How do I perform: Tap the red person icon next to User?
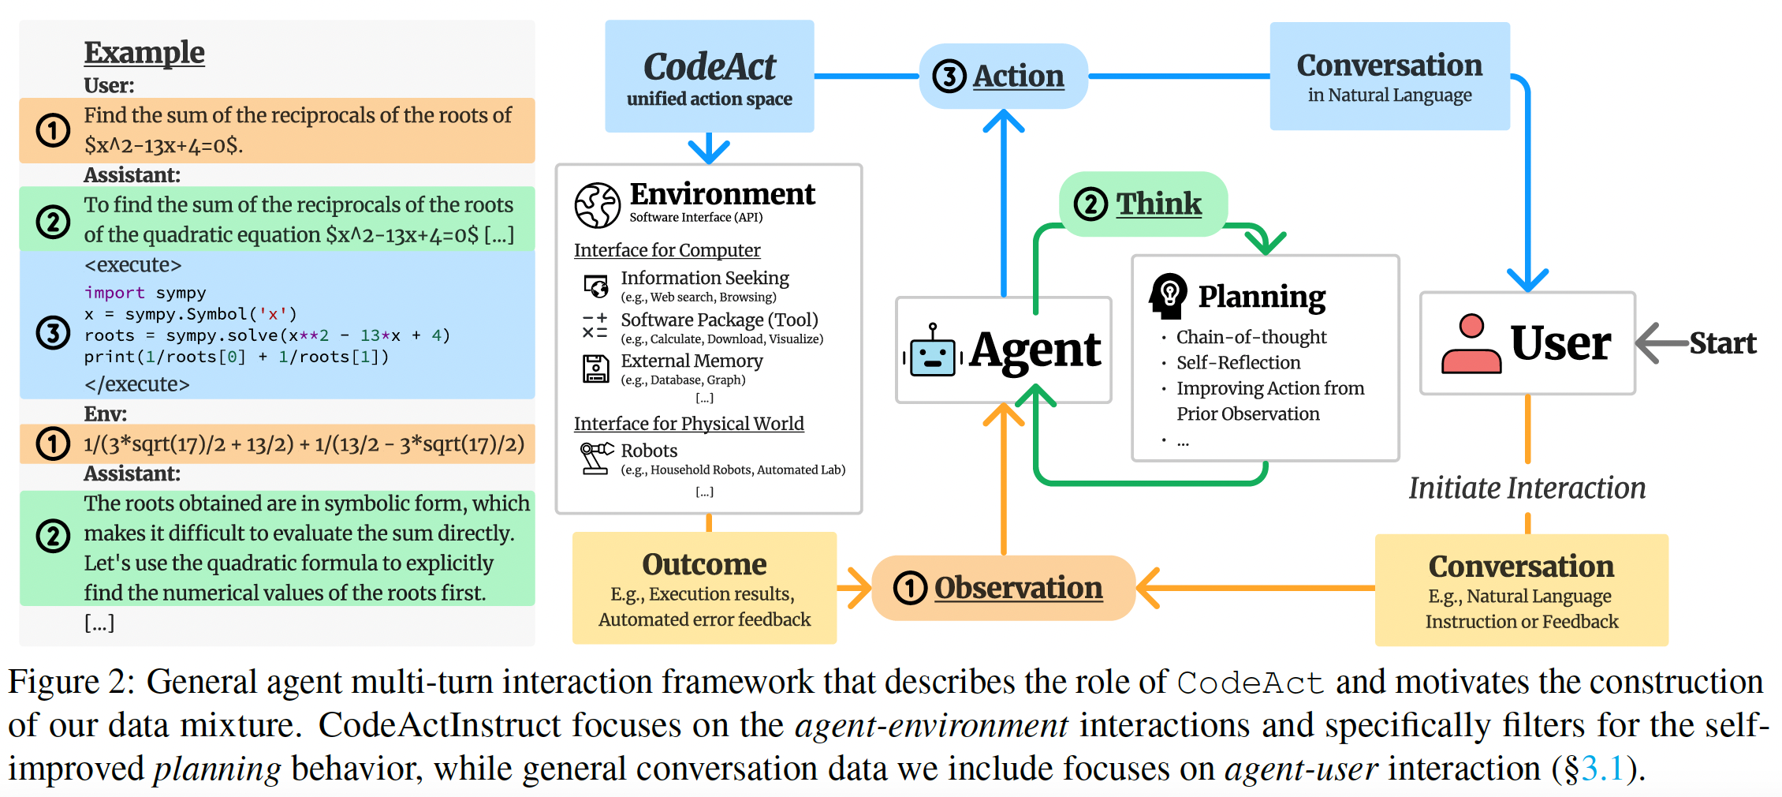click(1471, 344)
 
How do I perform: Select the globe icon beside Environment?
click(597, 205)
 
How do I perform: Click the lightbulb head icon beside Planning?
click(1169, 296)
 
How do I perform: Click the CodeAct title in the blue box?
click(709, 66)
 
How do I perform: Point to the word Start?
click(1722, 343)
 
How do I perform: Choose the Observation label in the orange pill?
click(1018, 588)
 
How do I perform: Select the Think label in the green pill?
click(1158, 204)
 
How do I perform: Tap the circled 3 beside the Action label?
click(949, 77)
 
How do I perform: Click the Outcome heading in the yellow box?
click(704, 564)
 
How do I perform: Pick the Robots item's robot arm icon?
click(596, 458)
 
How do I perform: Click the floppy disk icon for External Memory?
click(596, 369)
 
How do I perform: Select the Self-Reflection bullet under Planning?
click(1238, 363)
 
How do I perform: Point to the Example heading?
click(144, 52)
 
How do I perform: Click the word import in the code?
click(114, 293)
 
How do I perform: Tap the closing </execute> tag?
click(136, 384)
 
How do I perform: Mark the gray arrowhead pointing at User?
click(1648, 343)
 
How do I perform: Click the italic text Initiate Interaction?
click(1527, 488)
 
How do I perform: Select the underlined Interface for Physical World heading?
click(688, 424)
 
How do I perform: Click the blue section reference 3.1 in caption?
click(1602, 769)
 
